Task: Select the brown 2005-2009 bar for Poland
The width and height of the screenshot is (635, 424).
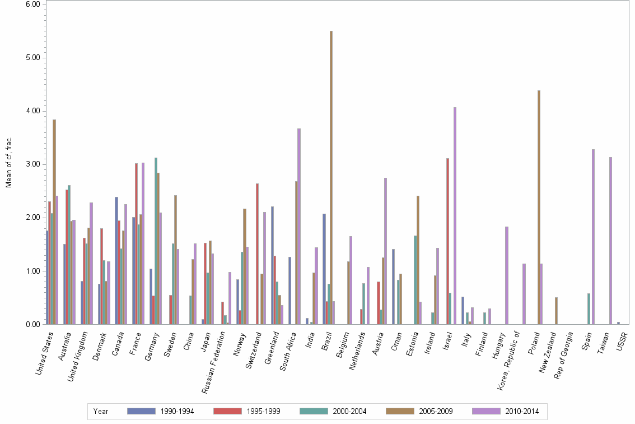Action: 539,208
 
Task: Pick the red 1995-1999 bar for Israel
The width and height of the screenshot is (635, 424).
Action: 447,241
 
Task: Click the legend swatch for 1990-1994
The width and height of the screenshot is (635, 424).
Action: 141,411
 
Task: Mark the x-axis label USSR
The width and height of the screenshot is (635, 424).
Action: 622,341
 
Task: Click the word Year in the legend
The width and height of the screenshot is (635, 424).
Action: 101,411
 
